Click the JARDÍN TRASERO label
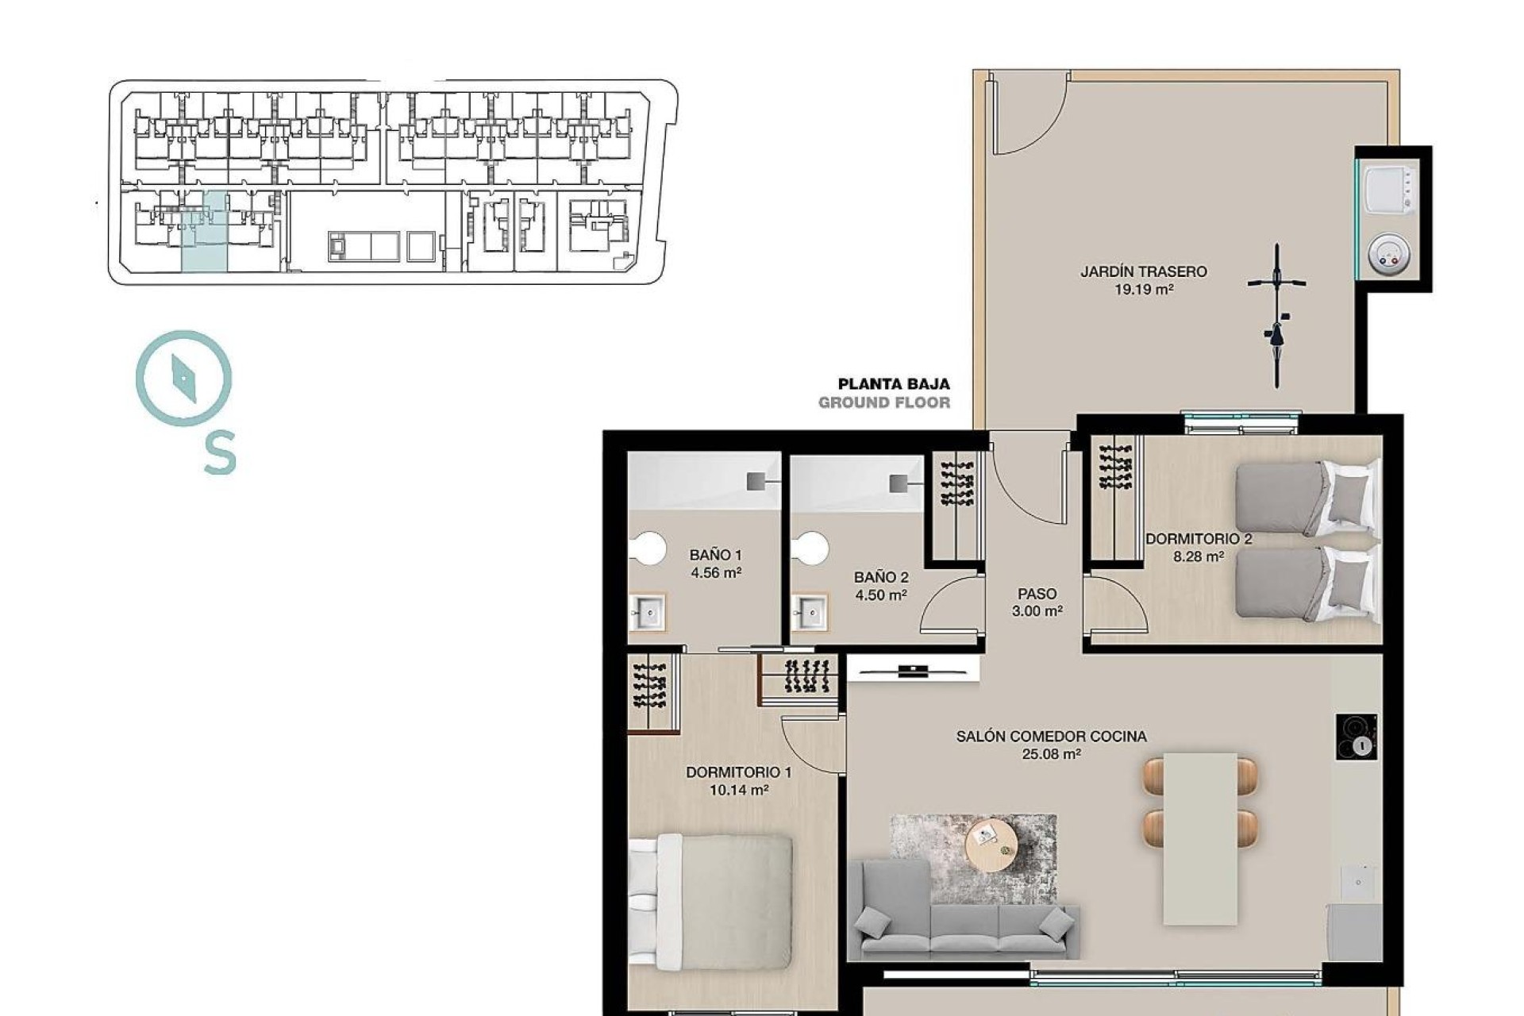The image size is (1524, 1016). coord(1143,271)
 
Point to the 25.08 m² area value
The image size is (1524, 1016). coord(1051,755)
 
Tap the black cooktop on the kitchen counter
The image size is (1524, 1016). coord(1357,737)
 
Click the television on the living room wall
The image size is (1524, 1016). coord(914,672)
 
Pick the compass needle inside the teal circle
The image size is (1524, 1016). coord(183,379)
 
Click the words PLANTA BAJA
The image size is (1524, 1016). coord(894,384)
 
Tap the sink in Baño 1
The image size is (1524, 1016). coord(648,612)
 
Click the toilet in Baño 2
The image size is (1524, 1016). coord(810,548)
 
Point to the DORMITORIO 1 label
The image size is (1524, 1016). coord(738,772)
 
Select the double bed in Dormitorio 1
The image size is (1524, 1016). coord(711,900)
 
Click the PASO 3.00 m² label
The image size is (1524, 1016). coord(1037,602)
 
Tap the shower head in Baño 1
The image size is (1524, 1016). coord(756,481)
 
